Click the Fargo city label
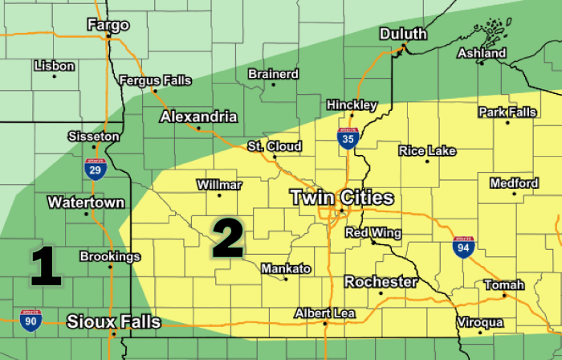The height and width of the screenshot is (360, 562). click(x=108, y=25)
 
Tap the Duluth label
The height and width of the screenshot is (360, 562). click(x=404, y=35)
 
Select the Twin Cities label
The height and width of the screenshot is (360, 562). click(x=341, y=197)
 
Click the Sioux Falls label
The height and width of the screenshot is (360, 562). click(x=113, y=322)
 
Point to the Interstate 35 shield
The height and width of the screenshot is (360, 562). click(x=347, y=139)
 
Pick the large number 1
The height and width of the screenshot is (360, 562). click(x=46, y=268)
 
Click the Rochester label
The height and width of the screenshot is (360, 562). click(x=381, y=282)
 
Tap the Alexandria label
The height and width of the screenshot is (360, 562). click(x=198, y=117)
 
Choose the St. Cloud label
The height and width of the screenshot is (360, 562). click(x=275, y=146)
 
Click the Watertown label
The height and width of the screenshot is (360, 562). click(x=86, y=202)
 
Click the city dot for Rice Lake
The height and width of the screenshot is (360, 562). click(x=427, y=162)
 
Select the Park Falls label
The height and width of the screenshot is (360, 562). click(x=507, y=112)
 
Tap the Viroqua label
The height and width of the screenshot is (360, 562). click(x=480, y=322)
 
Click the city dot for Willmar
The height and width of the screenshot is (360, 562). click(x=219, y=196)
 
